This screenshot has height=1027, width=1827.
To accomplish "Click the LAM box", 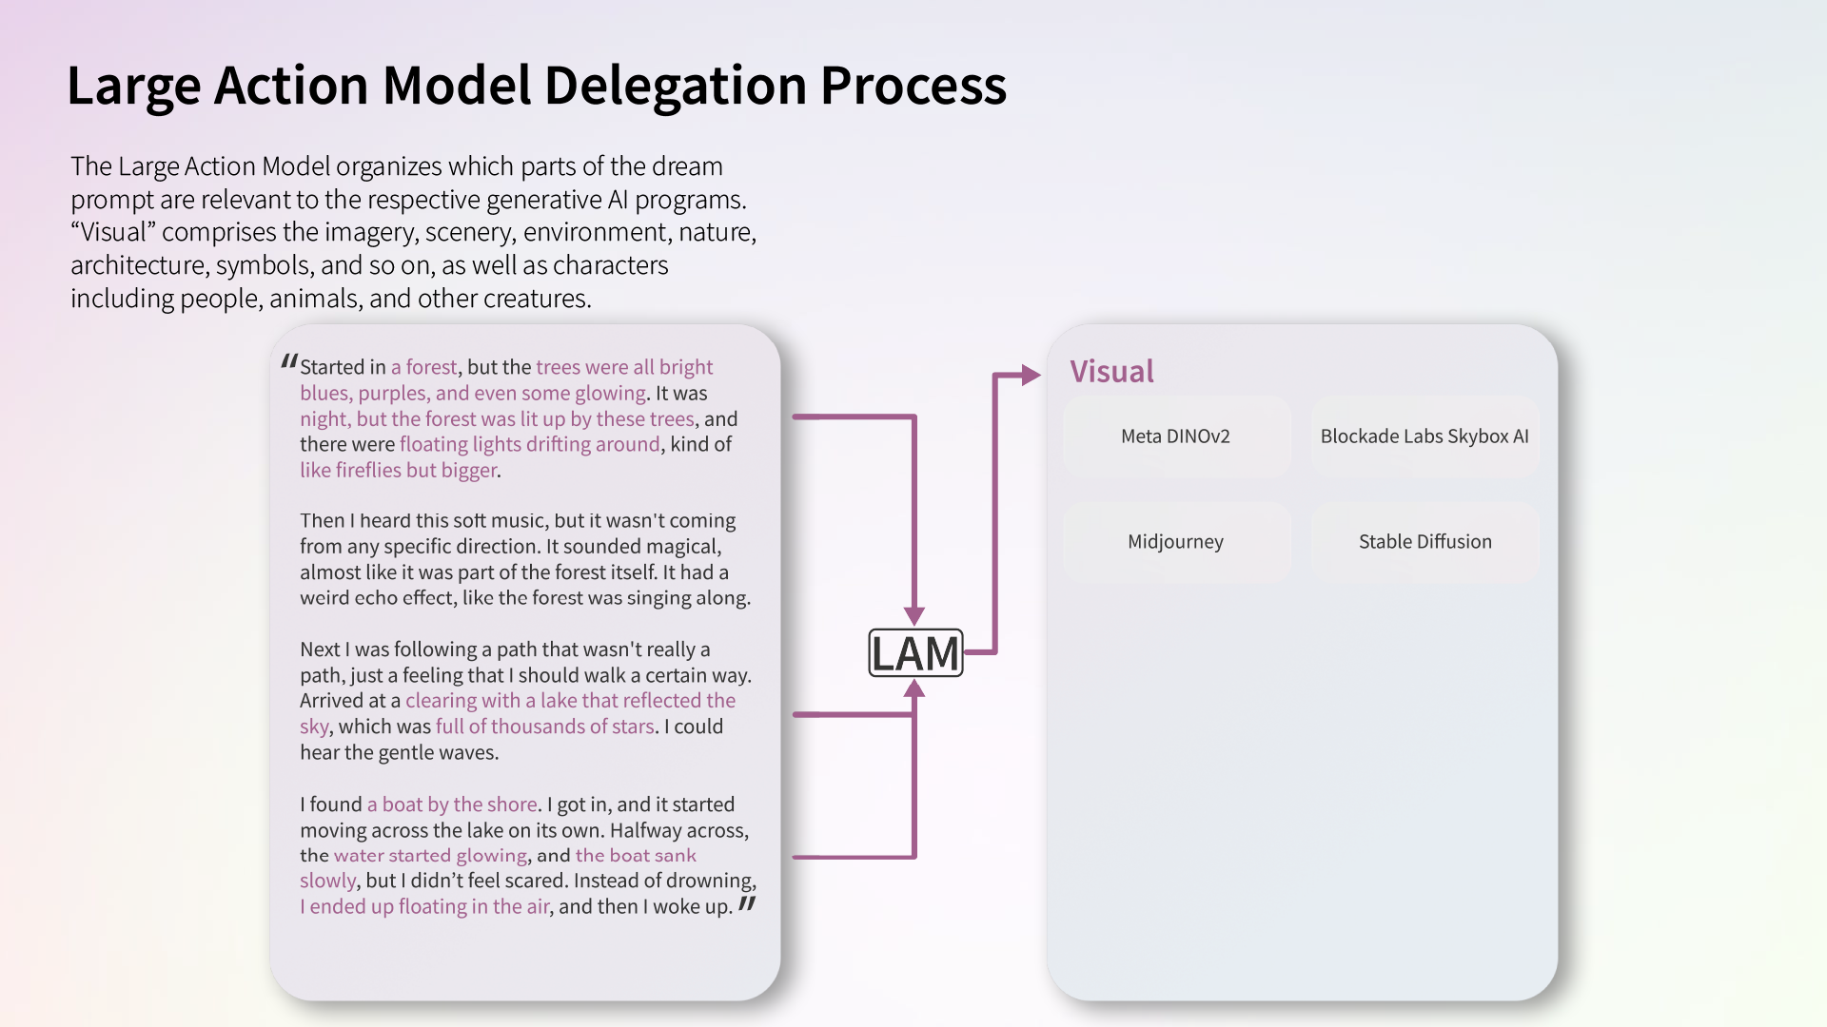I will tap(915, 653).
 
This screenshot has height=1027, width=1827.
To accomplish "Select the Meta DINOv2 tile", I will tap(1175, 436).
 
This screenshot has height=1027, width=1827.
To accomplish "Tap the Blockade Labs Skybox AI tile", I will tap(1424, 436).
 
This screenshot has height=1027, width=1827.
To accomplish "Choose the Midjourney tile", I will tap(1175, 542).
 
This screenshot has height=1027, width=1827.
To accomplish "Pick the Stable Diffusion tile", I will tap(1424, 542).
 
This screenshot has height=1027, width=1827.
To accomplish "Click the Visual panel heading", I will tap(1111, 371).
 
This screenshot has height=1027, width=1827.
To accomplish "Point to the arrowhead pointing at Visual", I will tap(1031, 376).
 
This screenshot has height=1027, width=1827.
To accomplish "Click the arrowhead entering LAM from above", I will tap(914, 615).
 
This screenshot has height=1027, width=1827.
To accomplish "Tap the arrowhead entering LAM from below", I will tap(914, 689).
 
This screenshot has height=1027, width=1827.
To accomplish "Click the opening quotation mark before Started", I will tap(289, 362).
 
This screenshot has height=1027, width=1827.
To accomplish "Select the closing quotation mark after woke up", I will tap(747, 903).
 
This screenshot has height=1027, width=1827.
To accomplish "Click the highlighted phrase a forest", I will tap(423, 367).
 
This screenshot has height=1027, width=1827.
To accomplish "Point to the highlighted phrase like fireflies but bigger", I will tap(398, 470).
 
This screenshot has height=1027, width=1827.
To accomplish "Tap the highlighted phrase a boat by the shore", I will tap(452, 804).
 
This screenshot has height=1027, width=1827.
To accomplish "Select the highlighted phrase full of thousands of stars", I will tap(544, 727).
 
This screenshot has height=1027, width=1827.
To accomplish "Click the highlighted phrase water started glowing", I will tap(430, 856).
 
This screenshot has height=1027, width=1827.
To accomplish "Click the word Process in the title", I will tap(913, 86).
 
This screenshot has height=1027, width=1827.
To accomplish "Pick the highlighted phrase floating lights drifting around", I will tap(529, 444).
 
